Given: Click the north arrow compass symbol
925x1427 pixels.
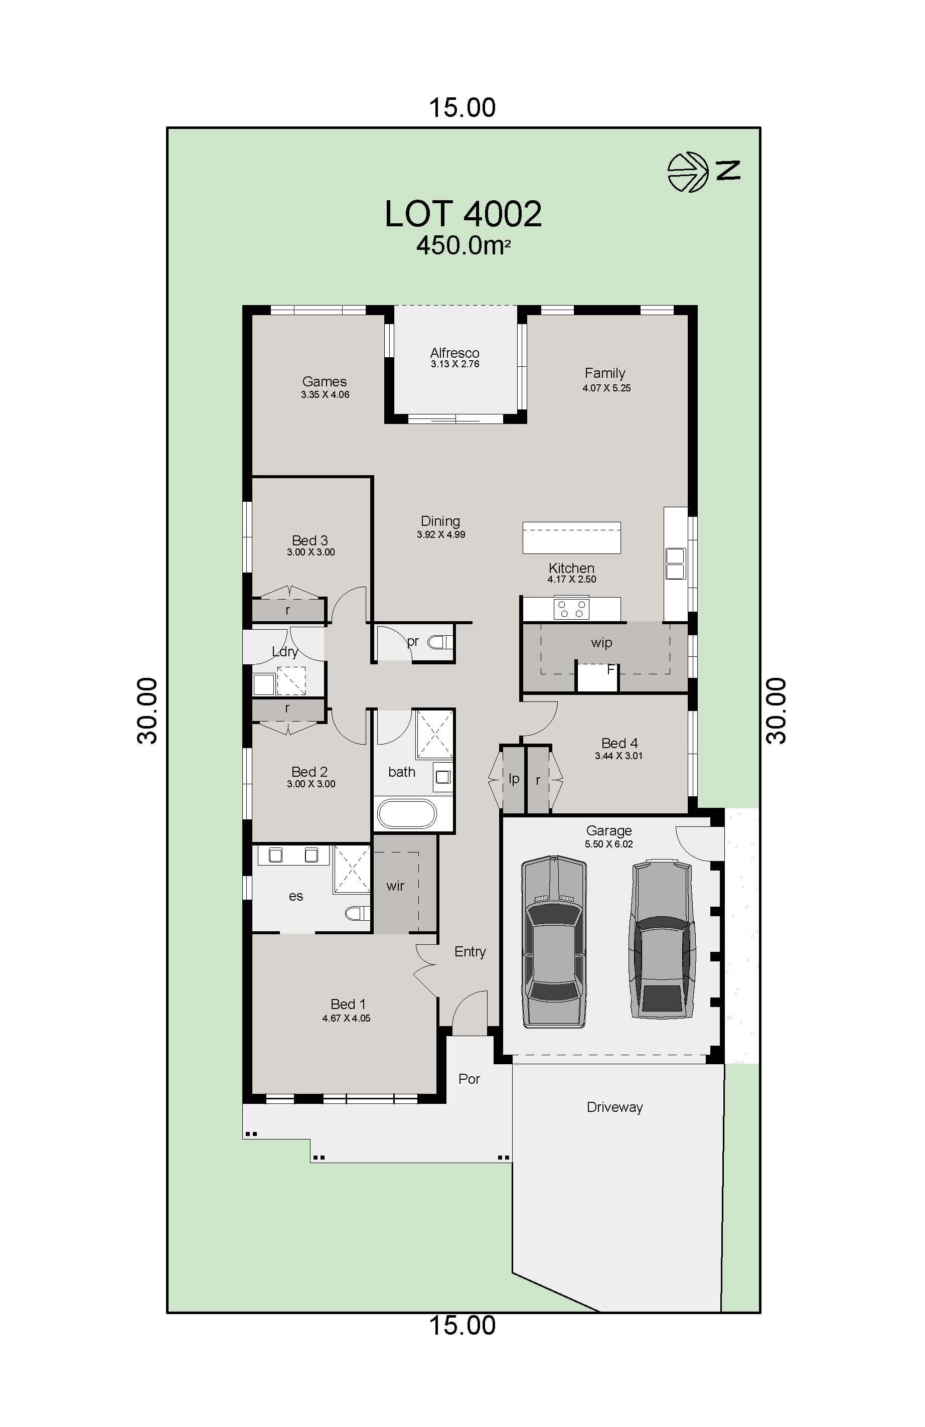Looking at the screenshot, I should (x=688, y=172).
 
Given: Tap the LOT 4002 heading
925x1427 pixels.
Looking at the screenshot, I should (x=463, y=214).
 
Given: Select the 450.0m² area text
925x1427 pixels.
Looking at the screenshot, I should (x=463, y=245).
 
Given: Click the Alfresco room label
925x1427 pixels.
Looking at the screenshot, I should (x=454, y=353).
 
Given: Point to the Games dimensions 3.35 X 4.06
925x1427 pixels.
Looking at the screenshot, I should (x=325, y=394).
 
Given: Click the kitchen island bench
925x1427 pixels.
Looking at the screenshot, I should (x=571, y=537).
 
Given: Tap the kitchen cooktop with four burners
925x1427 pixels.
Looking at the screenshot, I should (x=571, y=609).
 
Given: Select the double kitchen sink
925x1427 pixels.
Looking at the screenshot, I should (x=675, y=563).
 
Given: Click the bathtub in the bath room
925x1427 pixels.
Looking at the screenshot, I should (x=406, y=814).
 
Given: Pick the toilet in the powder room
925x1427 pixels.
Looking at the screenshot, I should (x=440, y=643).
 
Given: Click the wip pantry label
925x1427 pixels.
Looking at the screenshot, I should (x=601, y=643).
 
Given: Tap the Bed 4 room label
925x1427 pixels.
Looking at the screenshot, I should (x=620, y=743).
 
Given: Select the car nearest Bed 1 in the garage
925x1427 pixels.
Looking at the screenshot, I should (x=554, y=942).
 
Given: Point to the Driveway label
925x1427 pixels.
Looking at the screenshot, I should (x=614, y=1107).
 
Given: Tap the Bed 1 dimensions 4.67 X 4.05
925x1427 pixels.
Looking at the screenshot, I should (x=346, y=1018).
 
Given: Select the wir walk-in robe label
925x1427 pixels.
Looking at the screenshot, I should (x=395, y=886).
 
